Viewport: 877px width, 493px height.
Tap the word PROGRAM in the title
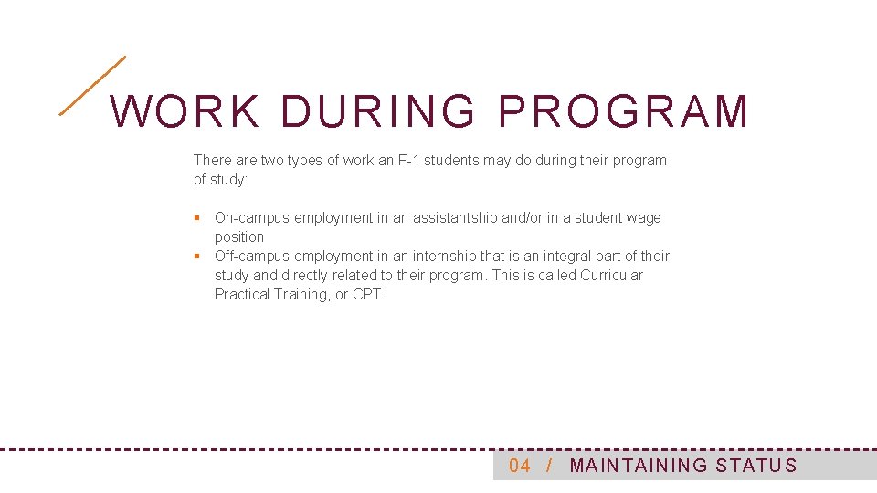[623, 112]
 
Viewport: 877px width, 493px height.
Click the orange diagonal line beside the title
[92, 86]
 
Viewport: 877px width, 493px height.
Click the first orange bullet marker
[196, 218]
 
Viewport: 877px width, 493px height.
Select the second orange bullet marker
[196, 257]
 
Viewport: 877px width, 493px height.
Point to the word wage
[643, 218]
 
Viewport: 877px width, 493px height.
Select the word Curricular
[611, 276]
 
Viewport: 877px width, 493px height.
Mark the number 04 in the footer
[520, 467]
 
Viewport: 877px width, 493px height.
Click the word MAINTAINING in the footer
[639, 467]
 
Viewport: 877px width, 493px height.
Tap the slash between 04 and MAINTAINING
[548, 467]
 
